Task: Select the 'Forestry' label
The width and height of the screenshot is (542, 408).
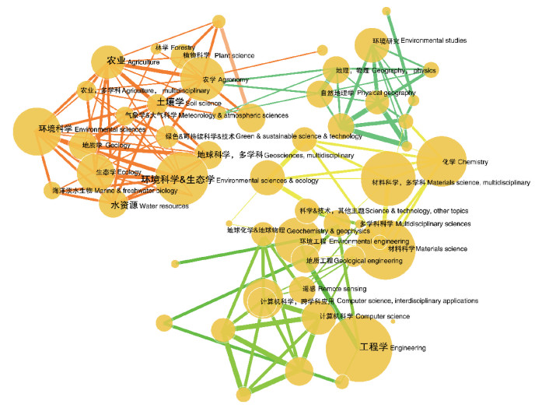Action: (x=173, y=47)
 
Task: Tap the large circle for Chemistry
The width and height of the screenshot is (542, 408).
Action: (x=441, y=161)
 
